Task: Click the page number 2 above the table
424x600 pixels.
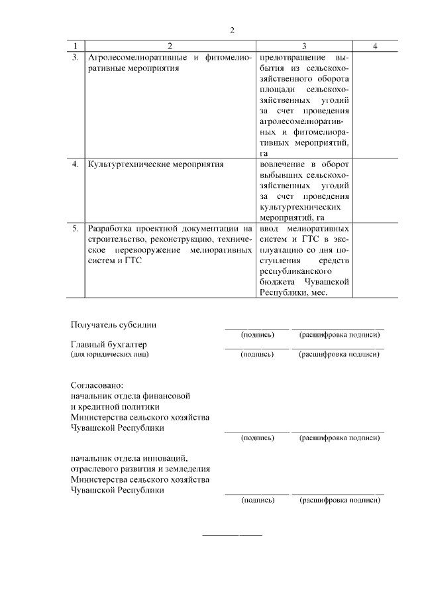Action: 232,30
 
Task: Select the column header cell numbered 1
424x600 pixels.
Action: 75,46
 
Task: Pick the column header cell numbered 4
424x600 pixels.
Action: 375,46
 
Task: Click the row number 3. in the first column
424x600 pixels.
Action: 75,58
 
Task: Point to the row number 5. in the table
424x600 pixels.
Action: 75,229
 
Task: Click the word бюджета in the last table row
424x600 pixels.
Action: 278,282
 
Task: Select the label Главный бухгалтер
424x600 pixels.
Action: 109,345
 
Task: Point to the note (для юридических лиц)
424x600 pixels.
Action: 110,355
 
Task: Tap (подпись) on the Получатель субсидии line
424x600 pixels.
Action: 258,335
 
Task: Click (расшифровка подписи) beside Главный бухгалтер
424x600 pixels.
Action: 339,355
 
